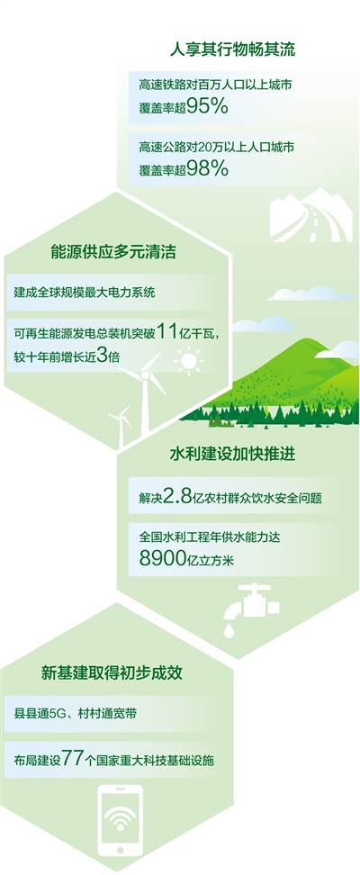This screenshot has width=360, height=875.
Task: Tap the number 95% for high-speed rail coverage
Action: pyautogui.click(x=208, y=105)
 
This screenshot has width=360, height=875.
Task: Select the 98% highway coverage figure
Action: pyautogui.click(x=208, y=167)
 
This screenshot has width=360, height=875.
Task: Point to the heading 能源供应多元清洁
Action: pyautogui.click(x=114, y=252)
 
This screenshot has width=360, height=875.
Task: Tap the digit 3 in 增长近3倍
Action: pyautogui.click(x=101, y=356)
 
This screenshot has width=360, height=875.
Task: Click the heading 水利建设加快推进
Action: pyautogui.click(x=233, y=455)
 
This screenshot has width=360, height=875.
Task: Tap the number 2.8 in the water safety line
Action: pyautogui.click(x=177, y=497)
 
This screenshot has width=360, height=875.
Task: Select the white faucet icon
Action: pyautogui.click(x=251, y=602)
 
